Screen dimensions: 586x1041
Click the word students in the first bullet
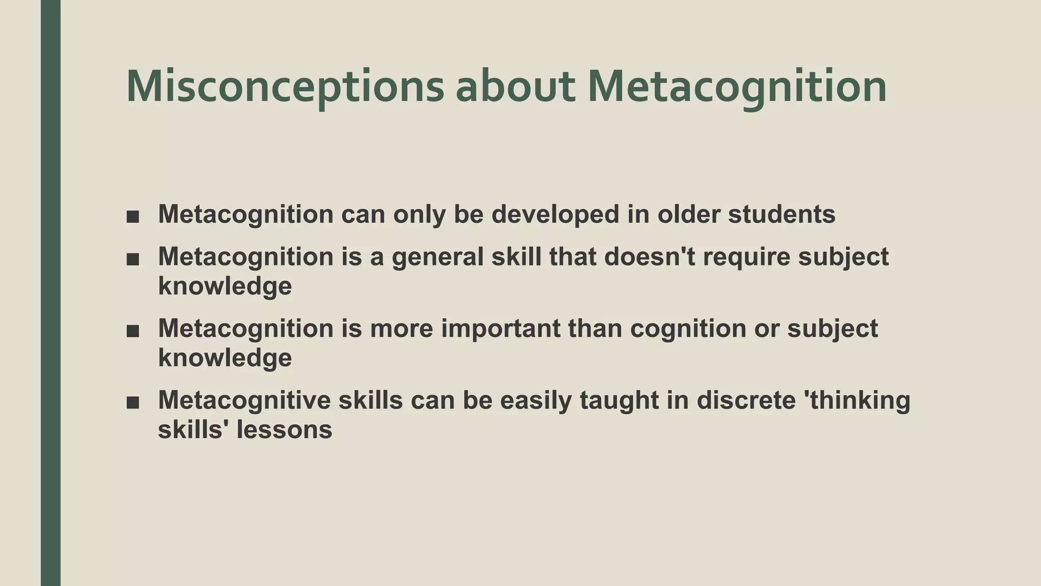[782, 214]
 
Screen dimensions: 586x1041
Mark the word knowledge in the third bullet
[225, 358]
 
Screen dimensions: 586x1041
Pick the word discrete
[746, 400]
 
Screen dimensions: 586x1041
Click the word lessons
[284, 429]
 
